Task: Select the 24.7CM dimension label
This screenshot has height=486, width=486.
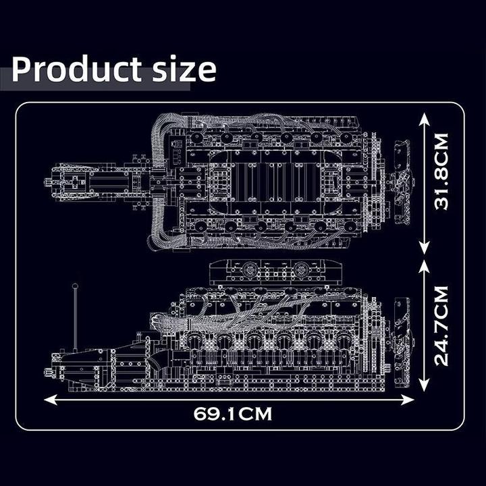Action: point(442,325)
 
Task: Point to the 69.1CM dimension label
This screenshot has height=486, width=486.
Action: point(233,414)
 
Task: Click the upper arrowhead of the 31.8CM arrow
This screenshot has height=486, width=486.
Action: point(424,119)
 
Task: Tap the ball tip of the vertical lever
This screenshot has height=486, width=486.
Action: point(74,288)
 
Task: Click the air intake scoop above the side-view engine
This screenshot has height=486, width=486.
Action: point(277,271)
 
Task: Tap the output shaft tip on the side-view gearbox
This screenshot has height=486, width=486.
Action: point(49,372)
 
